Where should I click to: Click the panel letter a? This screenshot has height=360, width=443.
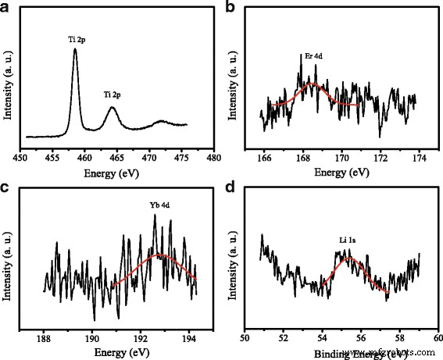pos(7,9)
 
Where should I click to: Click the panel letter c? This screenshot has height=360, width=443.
pos(7,188)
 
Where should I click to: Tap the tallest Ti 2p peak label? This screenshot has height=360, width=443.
pos(75,37)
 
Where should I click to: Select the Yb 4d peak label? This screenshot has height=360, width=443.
pos(160,207)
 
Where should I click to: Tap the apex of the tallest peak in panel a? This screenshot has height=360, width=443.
pos(75,49)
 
